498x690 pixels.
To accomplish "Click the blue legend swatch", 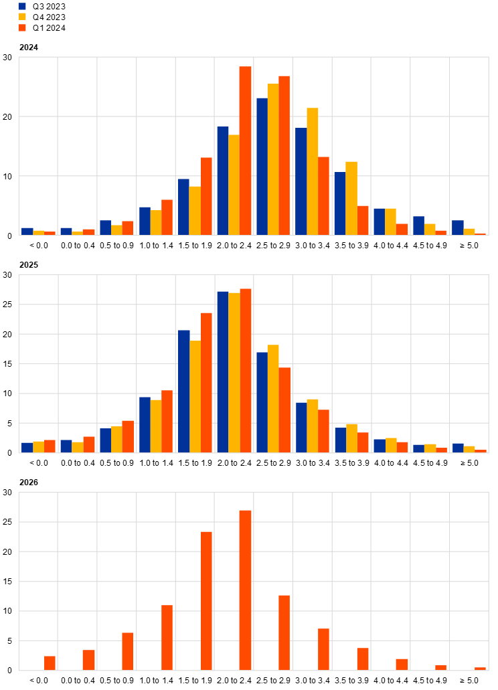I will point(22,6).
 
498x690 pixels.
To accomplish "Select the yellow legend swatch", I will point(22,16).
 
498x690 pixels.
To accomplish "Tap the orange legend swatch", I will point(22,27).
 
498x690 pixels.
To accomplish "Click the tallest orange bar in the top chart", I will point(245,151).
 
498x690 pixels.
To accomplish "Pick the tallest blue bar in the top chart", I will point(262,167).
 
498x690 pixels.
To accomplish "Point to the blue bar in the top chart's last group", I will point(458,228).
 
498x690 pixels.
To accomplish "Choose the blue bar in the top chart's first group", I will point(27,231).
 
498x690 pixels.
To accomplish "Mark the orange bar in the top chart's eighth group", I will point(324,196).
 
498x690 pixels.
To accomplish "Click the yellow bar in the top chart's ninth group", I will point(351,198).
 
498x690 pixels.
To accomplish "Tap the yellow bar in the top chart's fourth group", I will point(156,223).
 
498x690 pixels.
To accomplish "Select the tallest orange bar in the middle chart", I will point(245,371).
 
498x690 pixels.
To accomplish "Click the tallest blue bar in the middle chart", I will point(222,372).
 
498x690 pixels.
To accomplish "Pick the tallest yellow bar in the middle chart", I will point(234,373).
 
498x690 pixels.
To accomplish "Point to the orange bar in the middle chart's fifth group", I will point(206,383).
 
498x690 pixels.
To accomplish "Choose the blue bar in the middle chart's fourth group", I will point(145,425).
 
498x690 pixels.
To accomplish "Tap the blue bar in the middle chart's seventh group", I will point(262,402).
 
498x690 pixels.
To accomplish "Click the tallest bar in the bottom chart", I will point(245,590).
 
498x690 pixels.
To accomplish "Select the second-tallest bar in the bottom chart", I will point(206,601).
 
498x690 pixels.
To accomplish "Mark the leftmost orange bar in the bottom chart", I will point(50,663).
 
